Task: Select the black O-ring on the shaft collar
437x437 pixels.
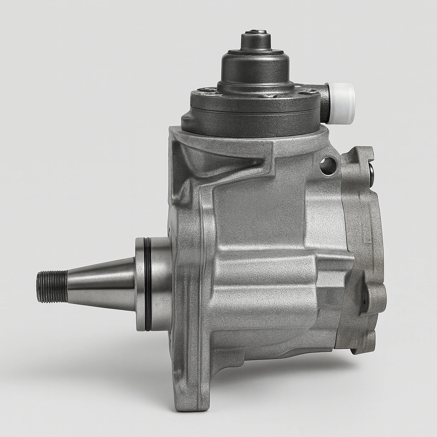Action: click(x=147, y=284)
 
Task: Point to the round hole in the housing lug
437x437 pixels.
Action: click(x=328, y=166)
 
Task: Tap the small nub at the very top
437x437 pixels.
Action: click(x=256, y=32)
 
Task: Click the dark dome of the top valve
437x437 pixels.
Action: click(x=255, y=68)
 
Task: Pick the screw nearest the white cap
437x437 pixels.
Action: click(x=308, y=91)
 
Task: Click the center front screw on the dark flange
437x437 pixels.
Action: click(x=268, y=96)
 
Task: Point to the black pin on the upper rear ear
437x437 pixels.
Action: click(x=371, y=175)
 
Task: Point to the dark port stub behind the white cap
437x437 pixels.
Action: click(x=324, y=103)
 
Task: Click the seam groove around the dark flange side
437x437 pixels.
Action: click(x=252, y=112)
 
